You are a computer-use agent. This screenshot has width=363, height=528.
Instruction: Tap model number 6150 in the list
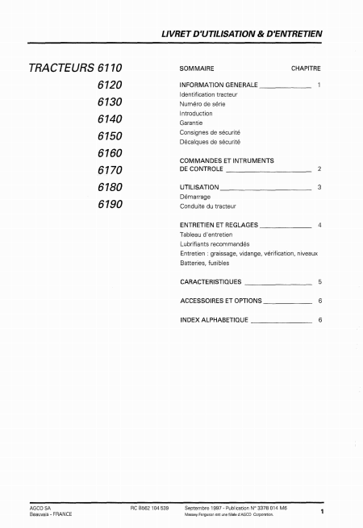(x=110, y=136)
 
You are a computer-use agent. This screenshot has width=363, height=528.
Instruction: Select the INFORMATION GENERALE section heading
(x=218, y=85)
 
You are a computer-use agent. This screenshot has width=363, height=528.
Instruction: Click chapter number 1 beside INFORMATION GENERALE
(x=319, y=85)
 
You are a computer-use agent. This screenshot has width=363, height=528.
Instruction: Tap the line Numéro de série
(x=202, y=104)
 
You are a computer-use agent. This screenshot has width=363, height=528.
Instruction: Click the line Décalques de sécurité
(x=210, y=141)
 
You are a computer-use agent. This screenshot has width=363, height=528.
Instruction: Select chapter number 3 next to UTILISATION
(x=319, y=187)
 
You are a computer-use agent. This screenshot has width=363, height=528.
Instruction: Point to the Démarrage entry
(x=196, y=196)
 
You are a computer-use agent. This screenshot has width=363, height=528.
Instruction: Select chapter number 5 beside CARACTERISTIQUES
(x=319, y=283)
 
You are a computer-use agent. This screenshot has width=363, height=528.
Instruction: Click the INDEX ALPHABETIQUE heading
(x=215, y=320)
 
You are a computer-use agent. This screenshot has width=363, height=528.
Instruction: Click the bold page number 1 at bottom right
(x=321, y=512)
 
